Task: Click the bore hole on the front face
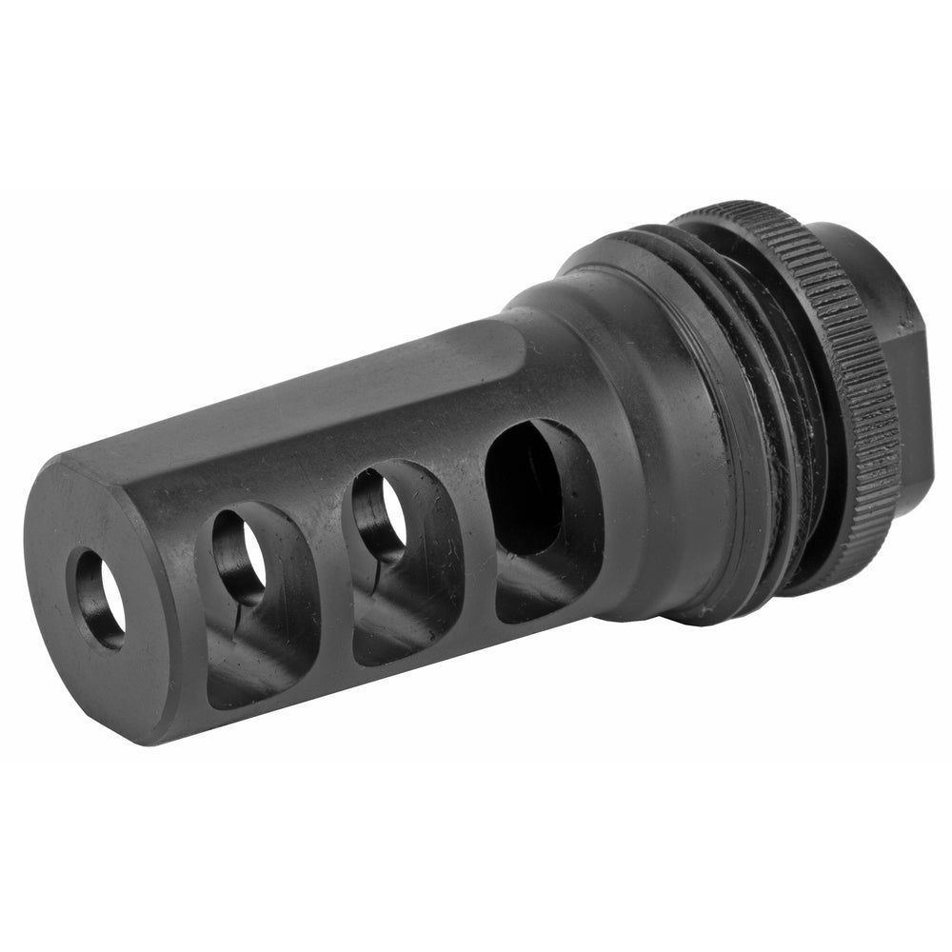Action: point(100,598)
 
